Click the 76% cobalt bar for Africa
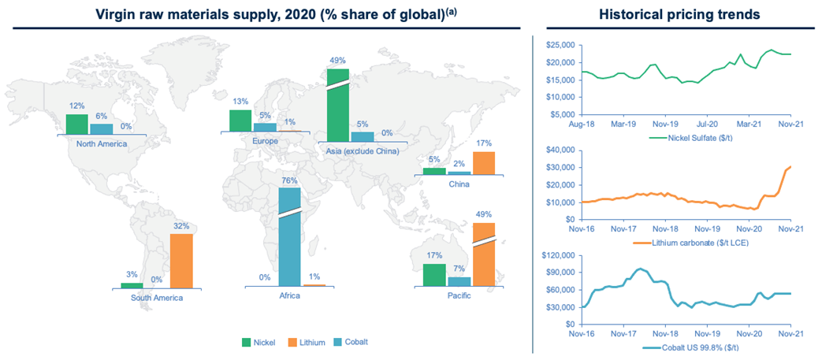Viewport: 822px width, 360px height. pos(290,236)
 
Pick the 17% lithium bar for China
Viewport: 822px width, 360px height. pos(483,162)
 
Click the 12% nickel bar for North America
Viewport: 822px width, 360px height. pos(76,124)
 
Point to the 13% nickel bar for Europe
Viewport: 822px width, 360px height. pos(240,121)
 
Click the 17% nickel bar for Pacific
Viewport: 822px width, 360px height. pos(434,275)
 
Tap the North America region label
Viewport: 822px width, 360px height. pos(102,143)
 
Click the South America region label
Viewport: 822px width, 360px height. pos(157,298)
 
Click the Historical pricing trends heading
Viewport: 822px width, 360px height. pos(677,14)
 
